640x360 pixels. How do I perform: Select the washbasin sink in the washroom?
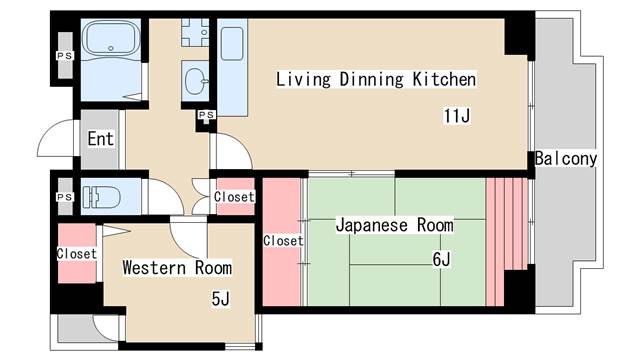tap(195, 79)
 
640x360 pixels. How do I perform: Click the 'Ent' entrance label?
tap(100, 139)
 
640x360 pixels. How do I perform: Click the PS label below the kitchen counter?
tap(207, 116)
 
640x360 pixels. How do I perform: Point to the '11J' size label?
tap(457, 116)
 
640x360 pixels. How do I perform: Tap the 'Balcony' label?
tap(566, 159)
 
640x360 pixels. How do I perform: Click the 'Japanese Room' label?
tap(393, 224)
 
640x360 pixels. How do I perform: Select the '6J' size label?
tap(441, 260)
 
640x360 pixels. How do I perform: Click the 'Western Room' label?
tap(177, 268)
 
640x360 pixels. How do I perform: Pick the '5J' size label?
tap(221, 298)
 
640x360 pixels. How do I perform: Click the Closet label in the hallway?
tap(235, 197)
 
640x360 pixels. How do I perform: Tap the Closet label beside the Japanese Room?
tap(283, 241)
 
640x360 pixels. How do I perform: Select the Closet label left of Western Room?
tap(77, 254)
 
